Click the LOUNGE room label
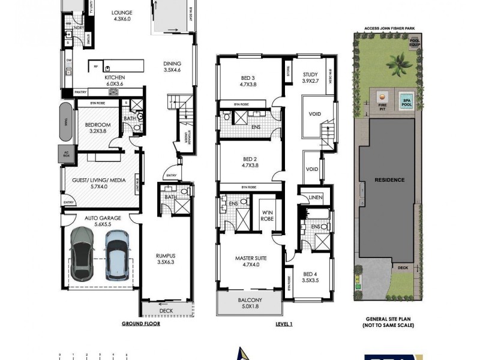click(x=122, y=15)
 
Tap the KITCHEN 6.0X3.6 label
click(x=114, y=81)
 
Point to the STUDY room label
click(x=310, y=76)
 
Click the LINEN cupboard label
click(x=316, y=197)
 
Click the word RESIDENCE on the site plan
click(x=389, y=180)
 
